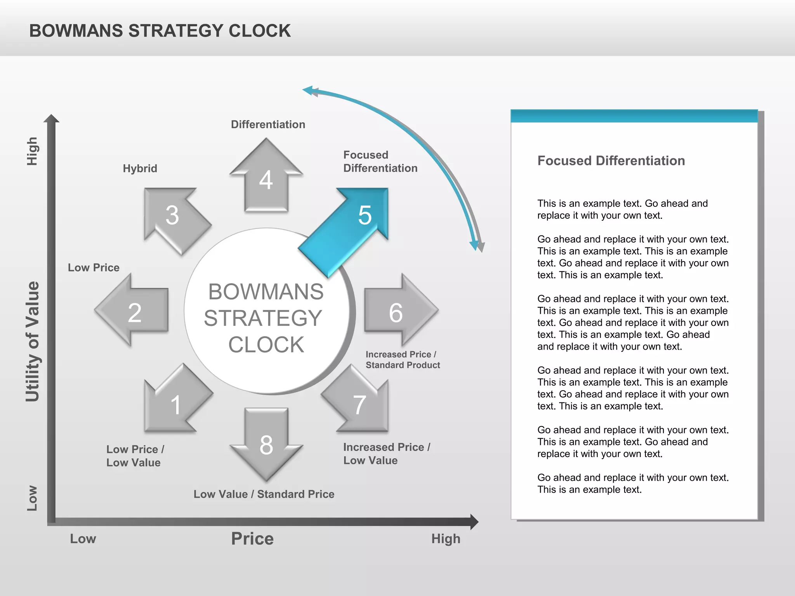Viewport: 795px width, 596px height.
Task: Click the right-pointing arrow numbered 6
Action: (x=397, y=311)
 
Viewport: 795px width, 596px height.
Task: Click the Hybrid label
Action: (x=140, y=168)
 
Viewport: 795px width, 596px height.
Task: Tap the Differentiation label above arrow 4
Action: (x=268, y=125)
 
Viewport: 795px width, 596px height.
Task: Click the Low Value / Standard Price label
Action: (x=264, y=494)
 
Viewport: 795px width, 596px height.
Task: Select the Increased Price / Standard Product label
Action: (x=403, y=360)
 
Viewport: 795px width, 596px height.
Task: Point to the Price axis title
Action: (x=252, y=539)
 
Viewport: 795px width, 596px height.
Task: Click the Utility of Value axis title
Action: (x=33, y=341)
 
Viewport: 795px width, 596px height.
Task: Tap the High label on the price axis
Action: (x=446, y=539)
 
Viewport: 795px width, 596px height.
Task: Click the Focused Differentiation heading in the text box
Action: (x=611, y=161)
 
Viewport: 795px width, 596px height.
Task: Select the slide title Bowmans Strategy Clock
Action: (x=160, y=31)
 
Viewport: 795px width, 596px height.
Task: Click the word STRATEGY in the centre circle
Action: (x=263, y=318)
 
